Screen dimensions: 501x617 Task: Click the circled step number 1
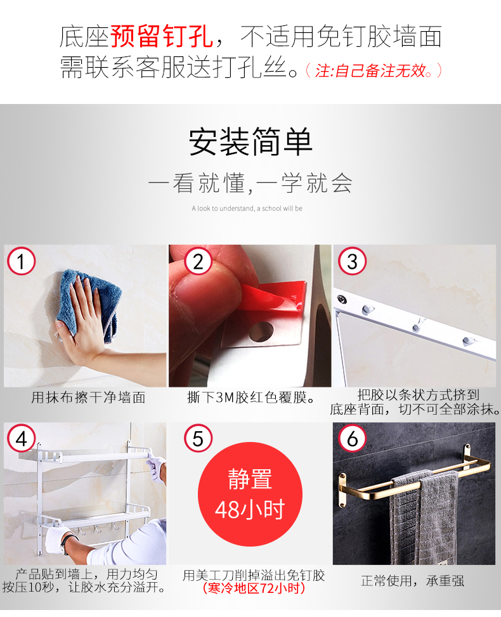[22, 261]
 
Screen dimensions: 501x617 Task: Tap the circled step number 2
[198, 261]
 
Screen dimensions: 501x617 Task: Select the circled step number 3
[352, 261]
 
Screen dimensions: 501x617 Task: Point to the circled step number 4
[22, 438]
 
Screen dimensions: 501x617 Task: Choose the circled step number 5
[198, 438]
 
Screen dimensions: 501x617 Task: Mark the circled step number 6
[352, 438]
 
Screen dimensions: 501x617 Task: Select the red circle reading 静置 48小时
[250, 494]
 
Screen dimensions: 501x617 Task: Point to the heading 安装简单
[251, 141]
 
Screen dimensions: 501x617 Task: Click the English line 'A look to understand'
[247, 209]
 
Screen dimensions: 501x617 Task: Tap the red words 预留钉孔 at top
[162, 36]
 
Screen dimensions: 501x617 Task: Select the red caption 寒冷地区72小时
[254, 588]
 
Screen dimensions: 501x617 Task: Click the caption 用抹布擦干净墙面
[89, 398]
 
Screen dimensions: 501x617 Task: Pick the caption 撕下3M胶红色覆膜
[251, 398]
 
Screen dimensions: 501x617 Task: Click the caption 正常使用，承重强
[412, 581]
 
